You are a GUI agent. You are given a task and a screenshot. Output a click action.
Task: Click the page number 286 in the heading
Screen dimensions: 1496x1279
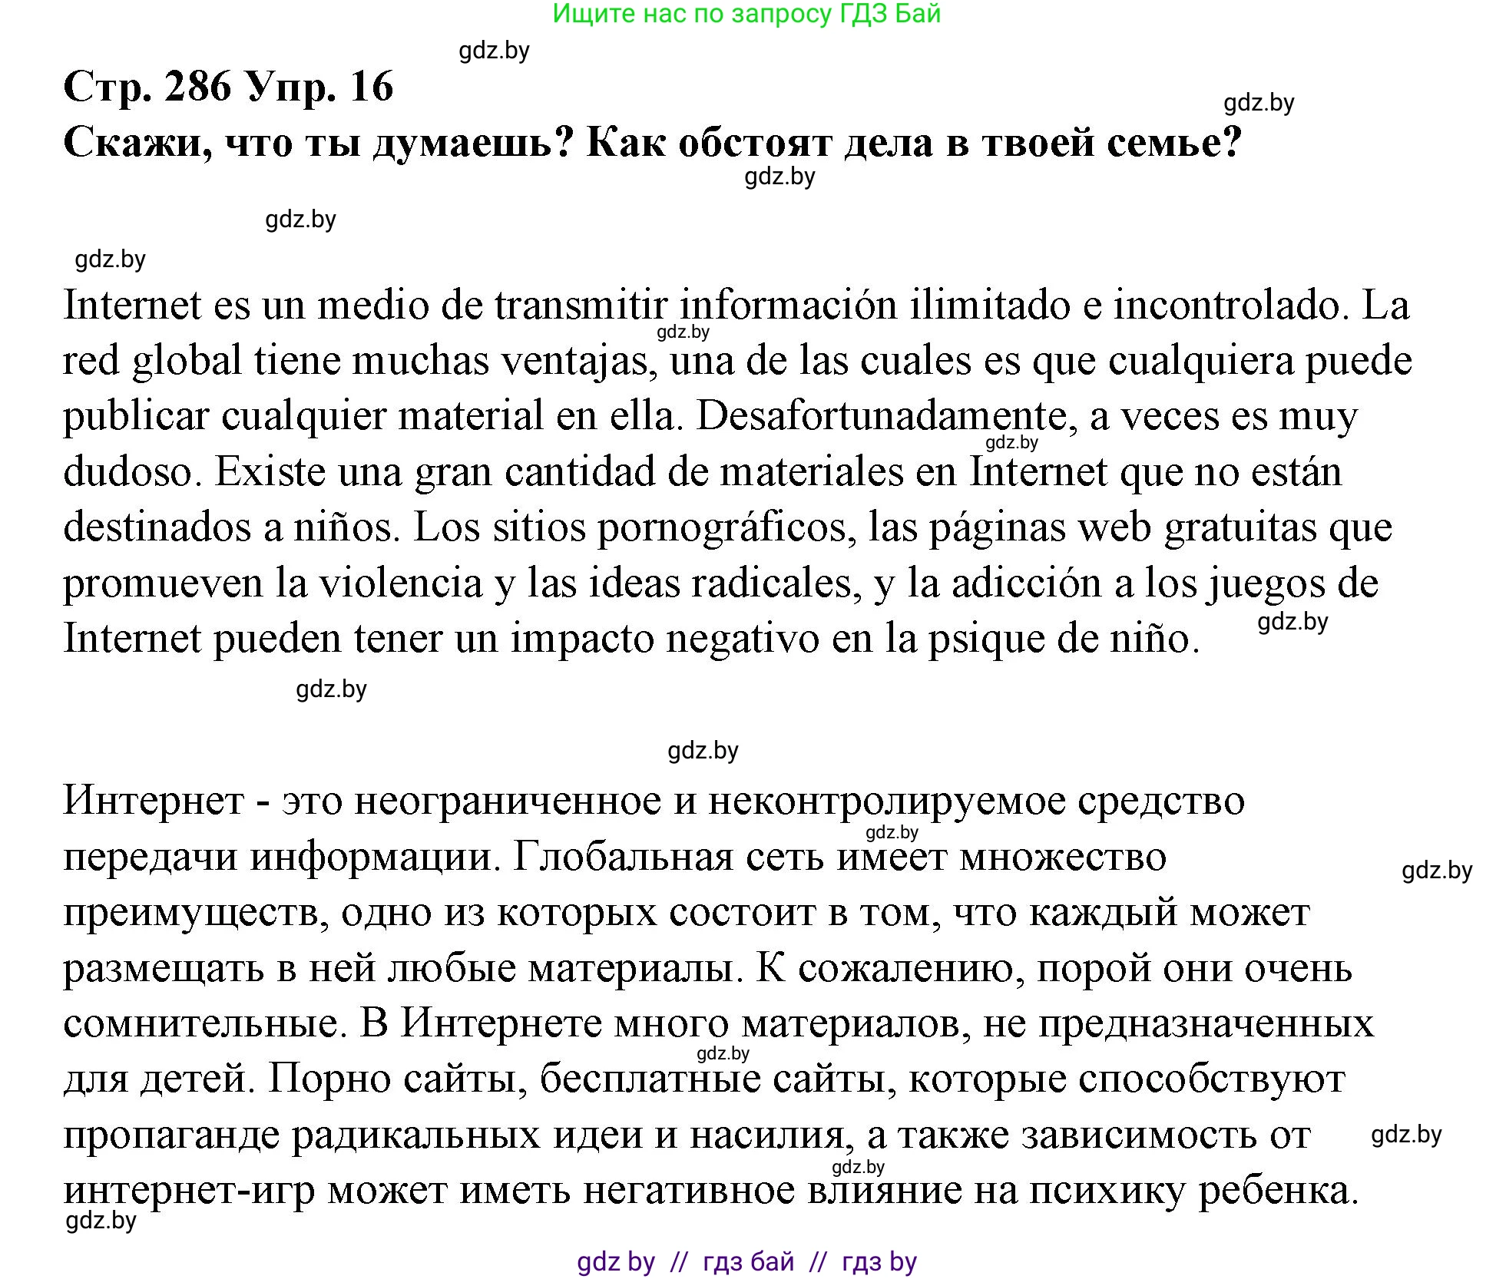tap(197, 87)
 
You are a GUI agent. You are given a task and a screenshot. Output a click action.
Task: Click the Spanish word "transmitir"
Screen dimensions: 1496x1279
tap(581, 306)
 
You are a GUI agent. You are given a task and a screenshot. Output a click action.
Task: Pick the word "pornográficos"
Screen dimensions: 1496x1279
tap(726, 528)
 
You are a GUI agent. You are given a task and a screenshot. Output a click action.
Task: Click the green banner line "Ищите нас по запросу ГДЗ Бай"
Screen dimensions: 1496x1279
tap(746, 14)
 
